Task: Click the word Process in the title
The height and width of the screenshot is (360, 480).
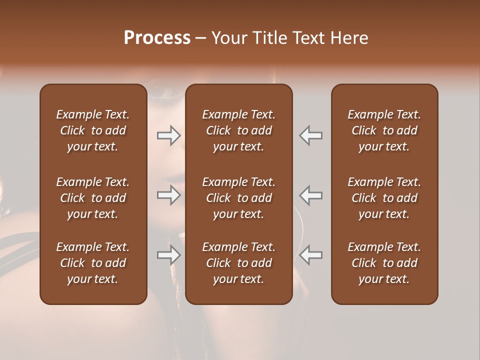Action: pyautogui.click(x=157, y=38)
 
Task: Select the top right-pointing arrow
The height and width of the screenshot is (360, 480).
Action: pyautogui.click(x=168, y=135)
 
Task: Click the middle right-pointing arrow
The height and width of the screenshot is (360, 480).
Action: pyautogui.click(x=168, y=195)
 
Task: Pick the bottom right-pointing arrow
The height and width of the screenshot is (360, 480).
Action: pyautogui.click(x=168, y=255)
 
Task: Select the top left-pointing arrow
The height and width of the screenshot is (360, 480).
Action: pyautogui.click(x=311, y=135)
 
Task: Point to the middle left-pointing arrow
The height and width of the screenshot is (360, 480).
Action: pyautogui.click(x=311, y=195)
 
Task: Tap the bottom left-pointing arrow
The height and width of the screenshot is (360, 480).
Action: pyautogui.click(x=311, y=255)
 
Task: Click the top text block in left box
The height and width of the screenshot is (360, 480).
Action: pyautogui.click(x=93, y=130)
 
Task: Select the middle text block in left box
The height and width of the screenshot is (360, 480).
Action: pyautogui.click(x=93, y=198)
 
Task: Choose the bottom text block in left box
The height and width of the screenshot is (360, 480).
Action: pyautogui.click(x=93, y=263)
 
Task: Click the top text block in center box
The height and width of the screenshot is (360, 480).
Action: pyautogui.click(x=239, y=130)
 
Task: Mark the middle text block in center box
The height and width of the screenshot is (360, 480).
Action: pyautogui.click(x=239, y=198)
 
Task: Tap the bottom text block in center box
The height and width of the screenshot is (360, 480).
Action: pyautogui.click(x=239, y=263)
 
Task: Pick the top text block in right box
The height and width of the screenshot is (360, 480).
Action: pyautogui.click(x=384, y=130)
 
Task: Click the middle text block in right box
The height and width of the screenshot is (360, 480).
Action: pyautogui.click(x=384, y=198)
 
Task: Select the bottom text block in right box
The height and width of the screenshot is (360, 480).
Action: pyautogui.click(x=384, y=263)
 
